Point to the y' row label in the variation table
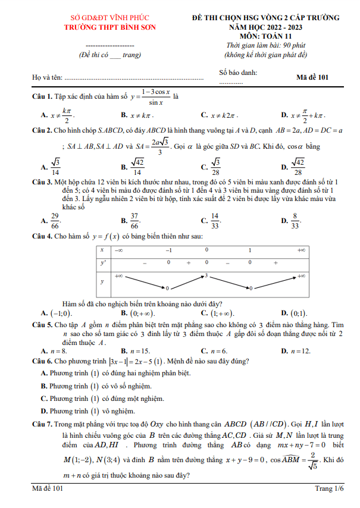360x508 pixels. point(102,262)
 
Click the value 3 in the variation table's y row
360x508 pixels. point(205,275)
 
